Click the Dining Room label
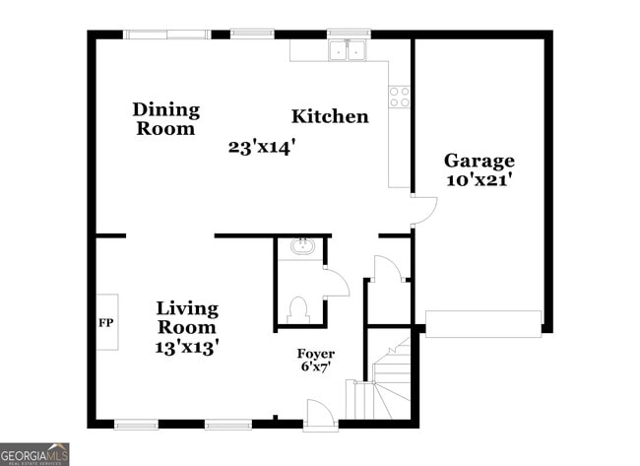165,119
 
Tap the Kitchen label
330,117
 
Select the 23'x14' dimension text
262,148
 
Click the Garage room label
479,161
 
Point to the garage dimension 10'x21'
479,180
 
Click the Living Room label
187,317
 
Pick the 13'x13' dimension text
187,346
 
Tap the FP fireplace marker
105,322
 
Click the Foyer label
316,354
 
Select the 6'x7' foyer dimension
316,367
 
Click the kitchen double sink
347,49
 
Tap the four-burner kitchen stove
399,97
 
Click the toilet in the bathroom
300,309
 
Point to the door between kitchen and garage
422,210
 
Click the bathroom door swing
336,282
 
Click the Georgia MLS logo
35,454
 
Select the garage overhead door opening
482,323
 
